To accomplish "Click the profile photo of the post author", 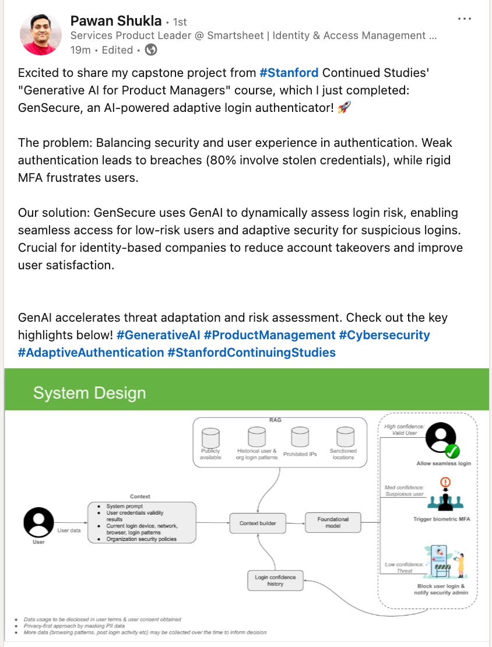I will point(41,34).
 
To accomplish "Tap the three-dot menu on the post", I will point(465,19).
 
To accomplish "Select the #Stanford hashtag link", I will point(289,73).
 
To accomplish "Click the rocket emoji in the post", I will point(343,108).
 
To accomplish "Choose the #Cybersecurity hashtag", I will point(384,335).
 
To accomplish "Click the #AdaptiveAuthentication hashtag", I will point(91,353).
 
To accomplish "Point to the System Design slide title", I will point(89,393).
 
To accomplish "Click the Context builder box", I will point(258,523).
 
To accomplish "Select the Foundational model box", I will point(333,522).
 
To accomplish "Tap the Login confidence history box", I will point(275,581).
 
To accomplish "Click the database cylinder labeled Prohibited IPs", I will point(300,437).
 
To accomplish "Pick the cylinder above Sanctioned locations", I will point(345,437).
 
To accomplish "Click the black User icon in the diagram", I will point(38,522).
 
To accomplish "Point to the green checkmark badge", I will point(453,451).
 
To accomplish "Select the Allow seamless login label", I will point(444,463).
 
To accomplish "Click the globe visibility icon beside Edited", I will point(151,50).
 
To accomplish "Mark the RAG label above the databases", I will point(275,420).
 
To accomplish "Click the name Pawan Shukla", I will point(115,21).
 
